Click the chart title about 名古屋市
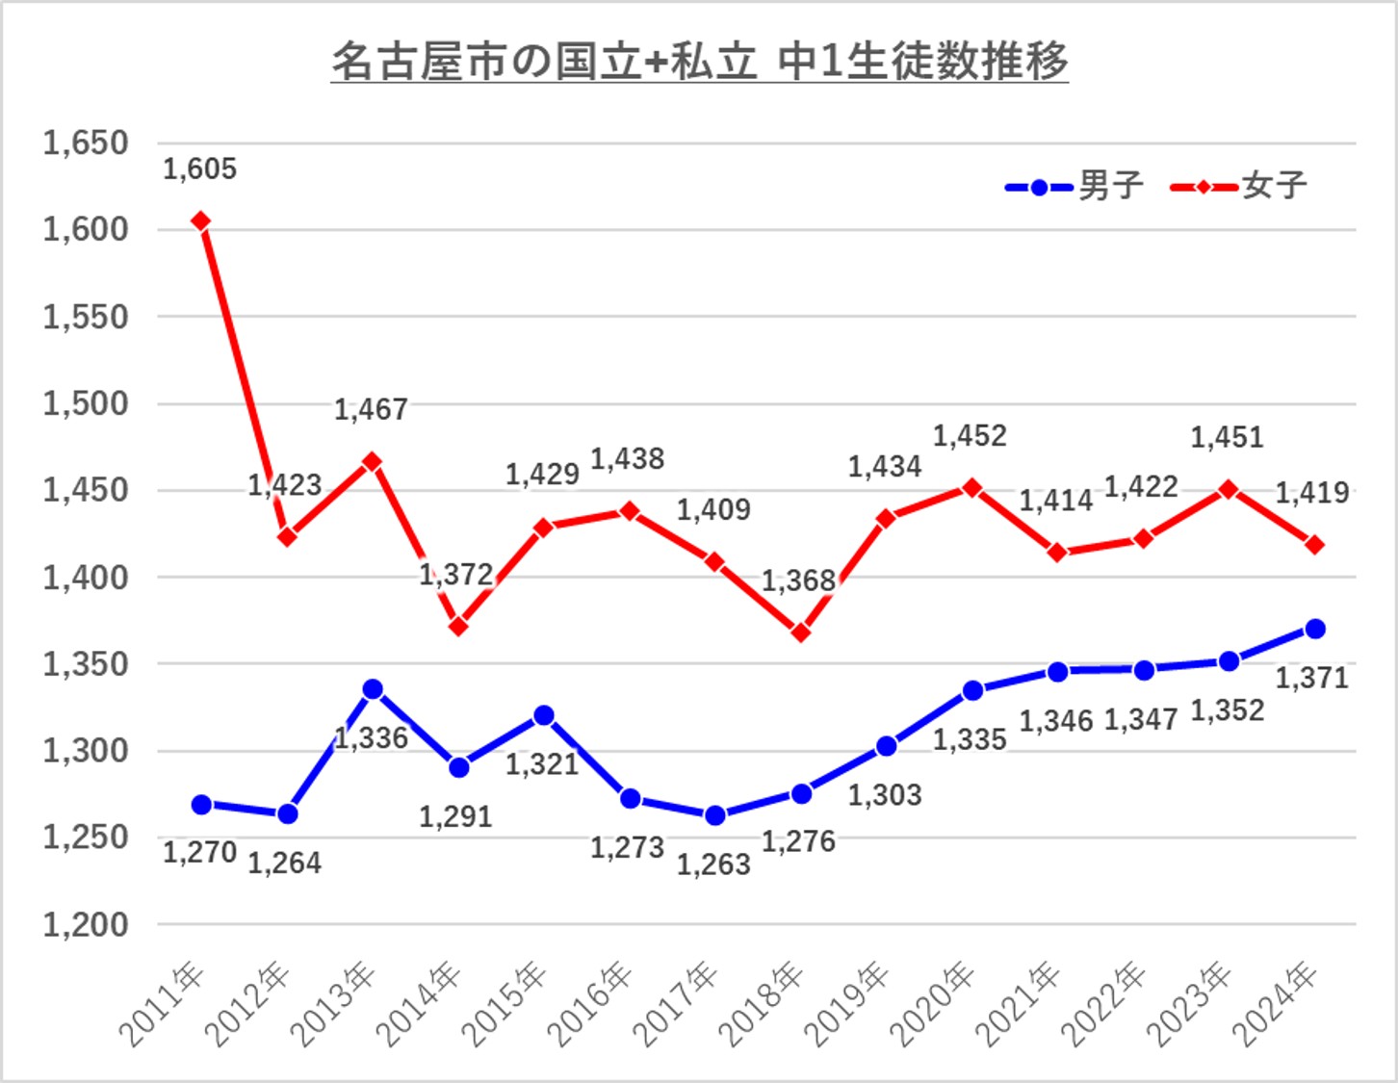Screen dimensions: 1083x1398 (699, 62)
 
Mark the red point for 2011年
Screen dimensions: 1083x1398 (200, 221)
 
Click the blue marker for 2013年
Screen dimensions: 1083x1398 (373, 689)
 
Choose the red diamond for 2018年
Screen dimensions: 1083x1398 (800, 632)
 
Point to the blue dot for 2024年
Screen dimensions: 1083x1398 (1314, 629)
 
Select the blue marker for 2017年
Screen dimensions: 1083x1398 (714, 815)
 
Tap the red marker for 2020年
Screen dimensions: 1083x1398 (972, 488)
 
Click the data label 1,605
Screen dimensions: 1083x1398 (199, 169)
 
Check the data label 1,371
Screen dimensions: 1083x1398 (1311, 678)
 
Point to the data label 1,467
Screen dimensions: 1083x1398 (371, 410)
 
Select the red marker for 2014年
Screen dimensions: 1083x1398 (458, 627)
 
